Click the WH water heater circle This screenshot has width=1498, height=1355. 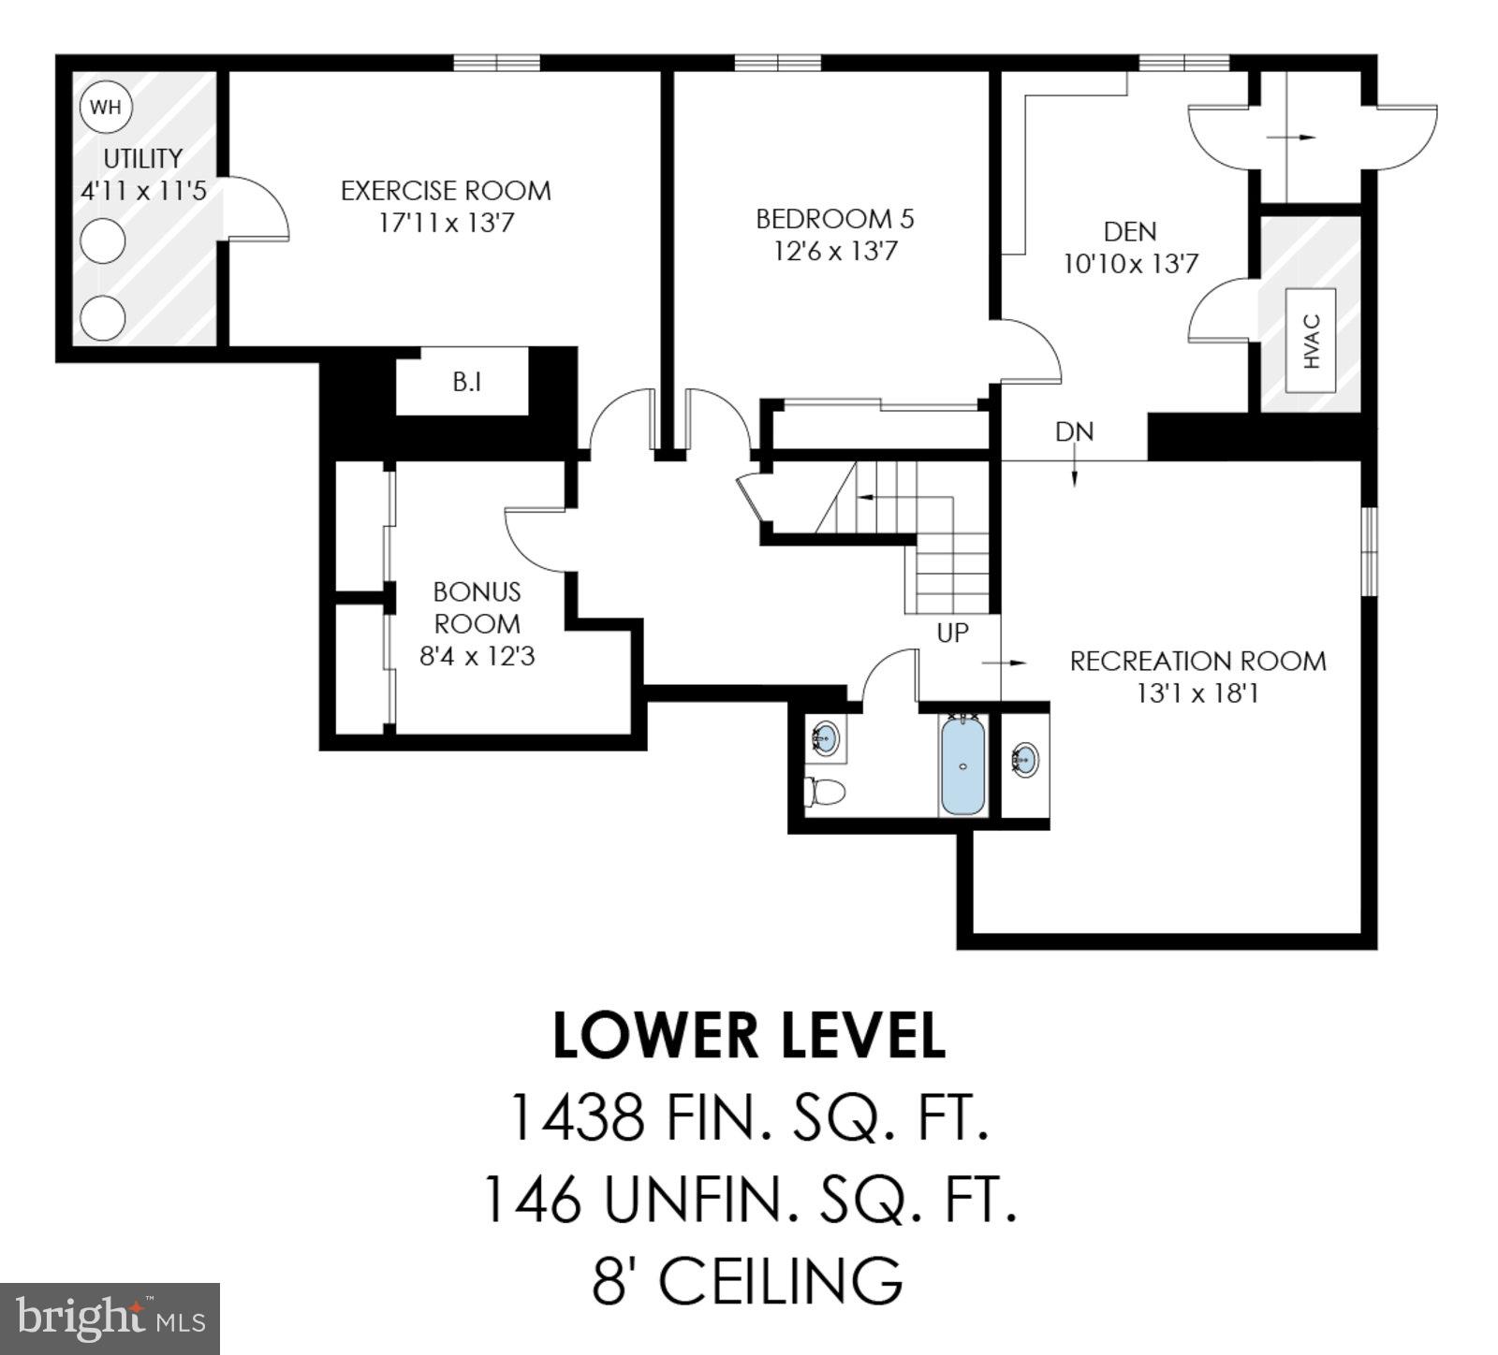tap(106, 107)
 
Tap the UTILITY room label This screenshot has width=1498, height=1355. tap(142, 158)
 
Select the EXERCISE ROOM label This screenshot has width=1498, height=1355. tap(446, 191)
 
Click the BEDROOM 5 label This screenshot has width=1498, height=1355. tap(834, 219)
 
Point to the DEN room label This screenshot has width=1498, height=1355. tap(1129, 231)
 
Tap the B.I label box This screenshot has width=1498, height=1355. tap(466, 382)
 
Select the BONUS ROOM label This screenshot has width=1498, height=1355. tap(477, 608)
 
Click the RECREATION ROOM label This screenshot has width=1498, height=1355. tap(1197, 662)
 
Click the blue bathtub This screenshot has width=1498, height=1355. tap(963, 765)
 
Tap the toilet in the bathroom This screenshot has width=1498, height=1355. tap(826, 792)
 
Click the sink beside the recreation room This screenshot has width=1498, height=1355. tap(1025, 760)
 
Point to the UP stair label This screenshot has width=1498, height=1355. tap(952, 634)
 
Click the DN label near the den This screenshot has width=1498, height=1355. tap(1074, 432)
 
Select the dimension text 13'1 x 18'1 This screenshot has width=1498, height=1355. tap(1197, 694)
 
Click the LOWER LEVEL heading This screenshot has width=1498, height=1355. tap(749, 1036)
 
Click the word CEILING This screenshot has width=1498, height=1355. tap(782, 1281)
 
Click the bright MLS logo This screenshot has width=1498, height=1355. tap(110, 1319)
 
